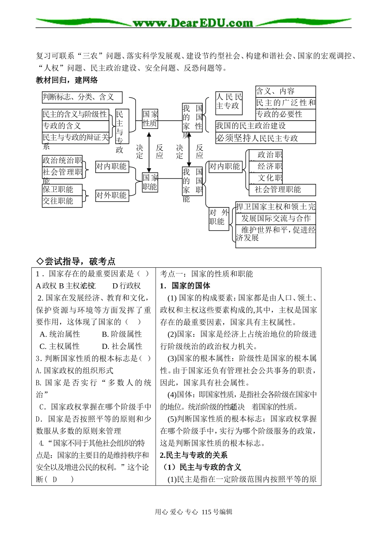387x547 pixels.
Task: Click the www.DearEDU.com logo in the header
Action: click(x=193, y=23)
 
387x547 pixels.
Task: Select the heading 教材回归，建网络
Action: click(x=67, y=80)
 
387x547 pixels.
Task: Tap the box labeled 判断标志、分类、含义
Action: click(x=82, y=97)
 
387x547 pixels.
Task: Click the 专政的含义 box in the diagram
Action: click(x=76, y=126)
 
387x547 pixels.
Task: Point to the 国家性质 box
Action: click(x=150, y=118)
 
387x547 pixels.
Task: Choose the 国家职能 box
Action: click(x=150, y=182)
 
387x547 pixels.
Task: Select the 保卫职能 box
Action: click(x=62, y=190)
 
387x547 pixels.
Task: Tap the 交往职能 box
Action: click(x=62, y=201)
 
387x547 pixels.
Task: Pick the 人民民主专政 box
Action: click(x=229, y=103)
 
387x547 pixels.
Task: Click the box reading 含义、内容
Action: click(x=286, y=91)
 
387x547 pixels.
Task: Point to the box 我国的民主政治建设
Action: click(x=265, y=126)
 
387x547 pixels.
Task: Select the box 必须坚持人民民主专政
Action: click(x=265, y=138)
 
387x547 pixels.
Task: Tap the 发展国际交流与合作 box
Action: click(x=276, y=218)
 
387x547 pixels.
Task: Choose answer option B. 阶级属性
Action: click(x=122, y=334)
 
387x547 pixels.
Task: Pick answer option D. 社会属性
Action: click(x=122, y=346)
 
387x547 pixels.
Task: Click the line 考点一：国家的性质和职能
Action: click(x=207, y=274)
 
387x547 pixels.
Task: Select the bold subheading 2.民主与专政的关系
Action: click(x=193, y=455)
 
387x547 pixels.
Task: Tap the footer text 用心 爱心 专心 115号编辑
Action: click(x=193, y=512)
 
